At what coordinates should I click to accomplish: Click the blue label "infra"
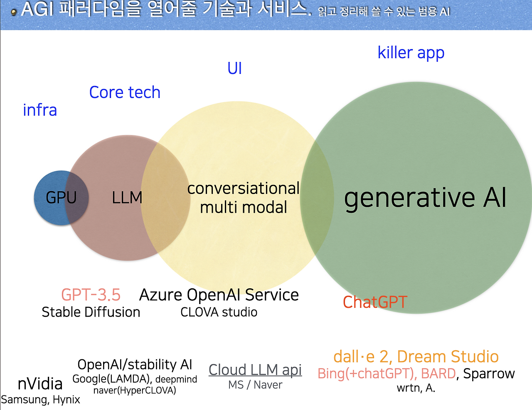pos(40,110)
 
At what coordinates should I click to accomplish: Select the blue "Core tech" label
pos(125,92)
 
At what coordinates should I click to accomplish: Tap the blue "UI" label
pos(234,69)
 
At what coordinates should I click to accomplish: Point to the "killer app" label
pos(411,53)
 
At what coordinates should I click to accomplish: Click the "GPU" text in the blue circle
pos(61,198)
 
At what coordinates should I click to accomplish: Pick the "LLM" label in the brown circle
pos(127,198)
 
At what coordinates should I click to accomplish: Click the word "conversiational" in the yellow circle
pos(243,189)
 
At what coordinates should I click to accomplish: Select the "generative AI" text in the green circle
pos(425,197)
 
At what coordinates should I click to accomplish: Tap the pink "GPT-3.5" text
pos(91,295)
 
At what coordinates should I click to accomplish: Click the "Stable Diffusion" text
pos(91,312)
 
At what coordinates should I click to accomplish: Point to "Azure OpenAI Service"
pos(219,295)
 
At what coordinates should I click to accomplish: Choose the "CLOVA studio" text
pos(219,312)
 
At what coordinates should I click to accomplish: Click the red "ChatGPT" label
pos(375,302)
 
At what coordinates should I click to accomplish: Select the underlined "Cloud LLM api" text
pos(255,369)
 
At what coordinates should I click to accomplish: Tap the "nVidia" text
pos(40,384)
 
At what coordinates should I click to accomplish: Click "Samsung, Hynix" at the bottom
pos(40,400)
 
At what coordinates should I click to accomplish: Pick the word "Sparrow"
pos(489,373)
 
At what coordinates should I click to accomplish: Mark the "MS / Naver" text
pos(255,385)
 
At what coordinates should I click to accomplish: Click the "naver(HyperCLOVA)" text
pos(135,390)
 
